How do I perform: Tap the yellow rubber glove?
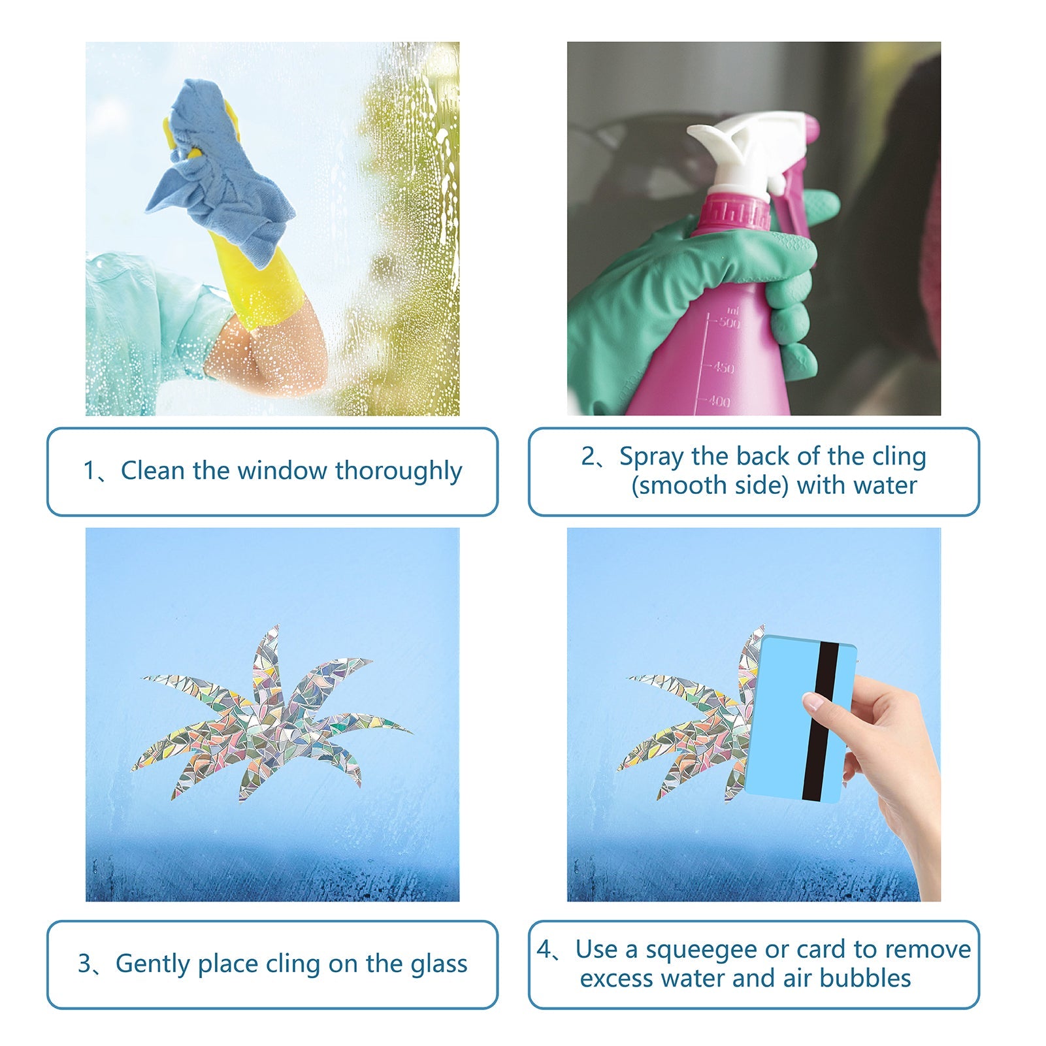261,281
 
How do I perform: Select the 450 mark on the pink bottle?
723,368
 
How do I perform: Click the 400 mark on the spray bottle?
718,401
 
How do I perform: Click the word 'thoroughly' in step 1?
399,471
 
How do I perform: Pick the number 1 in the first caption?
90,471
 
